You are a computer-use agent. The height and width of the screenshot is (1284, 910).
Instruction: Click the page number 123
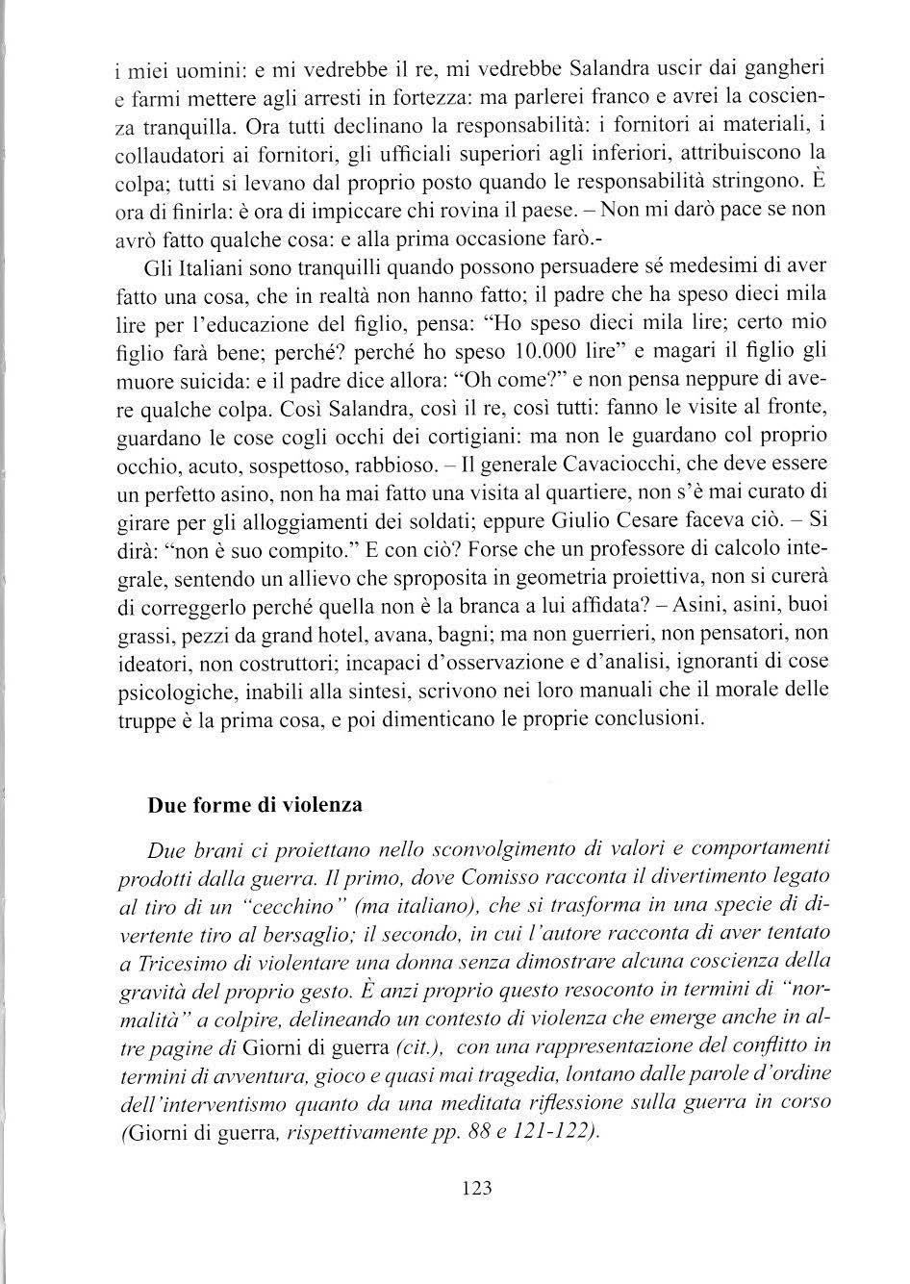(x=476, y=1188)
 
